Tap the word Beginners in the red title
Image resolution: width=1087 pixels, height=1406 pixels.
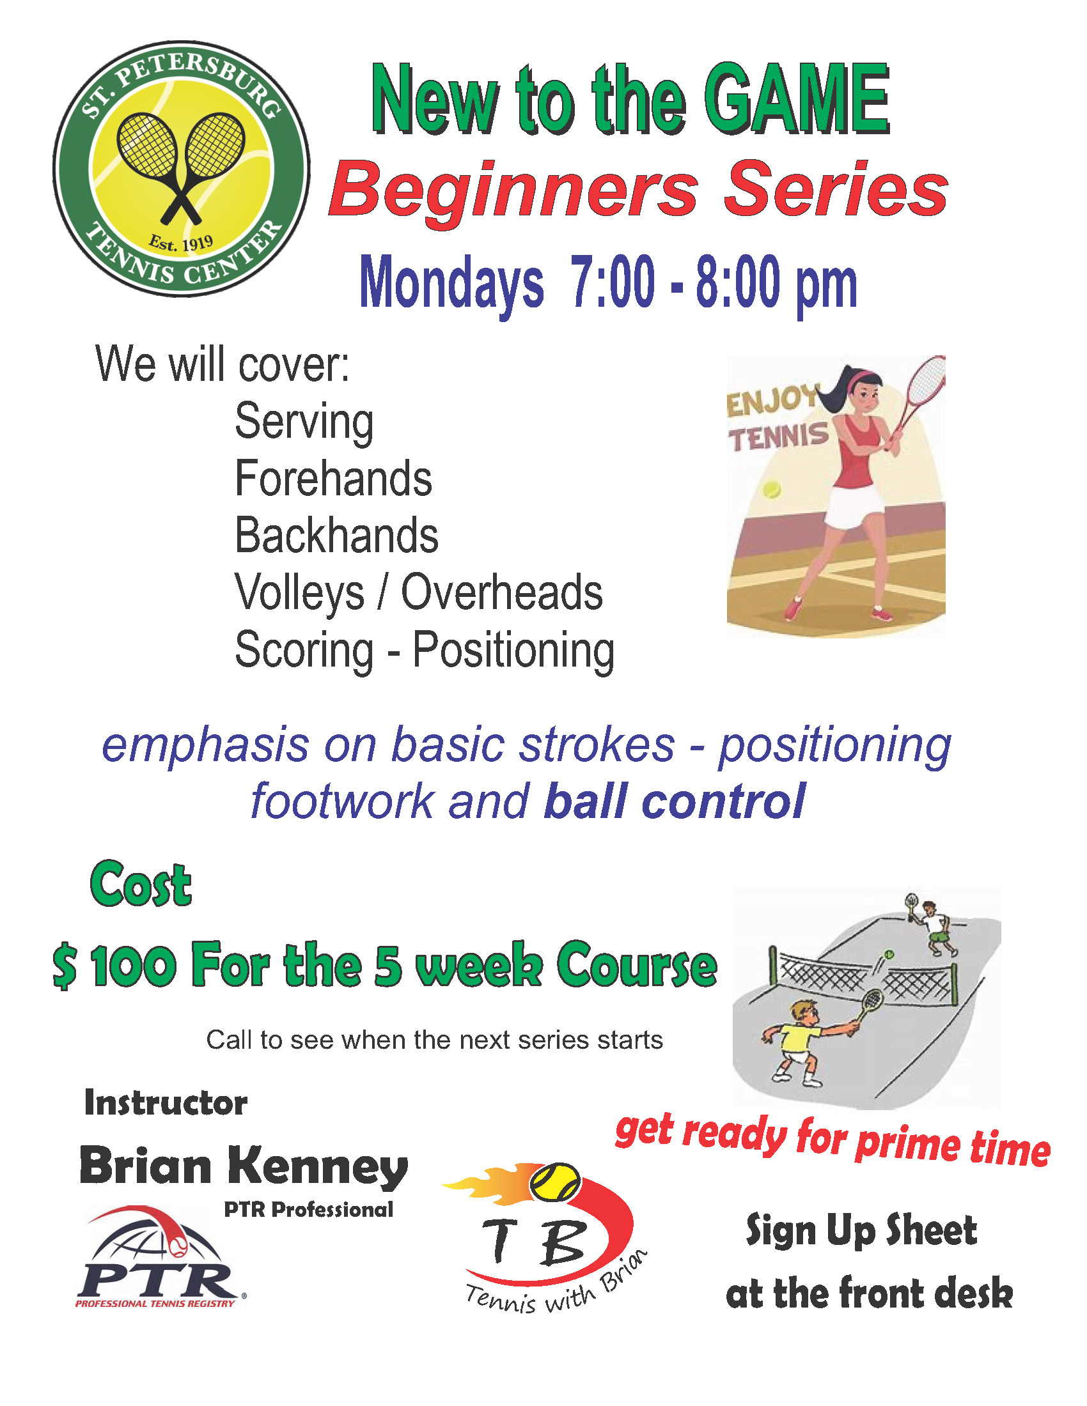pos(513,191)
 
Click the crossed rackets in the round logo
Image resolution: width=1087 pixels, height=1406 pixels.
pos(181,165)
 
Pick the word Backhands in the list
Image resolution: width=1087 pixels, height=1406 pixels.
pos(336,535)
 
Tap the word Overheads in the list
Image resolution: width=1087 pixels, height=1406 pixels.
pos(502,592)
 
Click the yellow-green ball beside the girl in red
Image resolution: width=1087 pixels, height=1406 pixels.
pos(772,490)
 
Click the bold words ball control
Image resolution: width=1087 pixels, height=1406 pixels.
pos(674,801)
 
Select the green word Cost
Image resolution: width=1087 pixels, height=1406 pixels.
pos(141,884)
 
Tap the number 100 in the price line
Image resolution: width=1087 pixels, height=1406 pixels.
pos(133,966)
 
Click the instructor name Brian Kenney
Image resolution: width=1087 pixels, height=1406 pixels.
pos(244,1166)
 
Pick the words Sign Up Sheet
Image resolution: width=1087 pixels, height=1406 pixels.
pos(861,1230)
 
